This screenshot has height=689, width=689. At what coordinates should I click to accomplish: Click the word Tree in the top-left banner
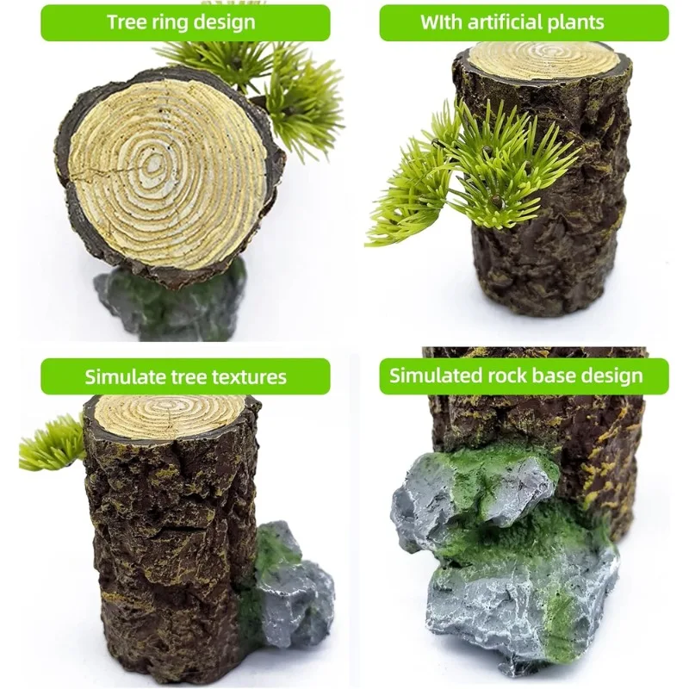coord(127,22)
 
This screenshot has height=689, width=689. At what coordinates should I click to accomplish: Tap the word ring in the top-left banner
coord(170,23)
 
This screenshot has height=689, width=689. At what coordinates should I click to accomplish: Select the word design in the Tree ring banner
coord(225,23)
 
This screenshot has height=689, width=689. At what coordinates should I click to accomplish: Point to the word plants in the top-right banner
coord(584,23)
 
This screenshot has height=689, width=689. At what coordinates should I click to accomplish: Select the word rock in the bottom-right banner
coord(506,376)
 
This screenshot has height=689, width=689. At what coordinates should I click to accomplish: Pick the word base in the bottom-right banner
coord(554,376)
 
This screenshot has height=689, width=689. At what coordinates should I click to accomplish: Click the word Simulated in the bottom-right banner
coord(436,376)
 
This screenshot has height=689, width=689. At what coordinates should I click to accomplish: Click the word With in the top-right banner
coord(441,22)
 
